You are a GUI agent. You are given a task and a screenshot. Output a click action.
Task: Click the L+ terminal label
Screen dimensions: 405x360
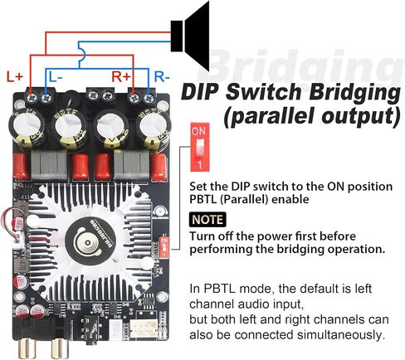click(x=15, y=76)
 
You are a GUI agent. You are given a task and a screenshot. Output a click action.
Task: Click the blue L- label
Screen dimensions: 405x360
click(x=56, y=76)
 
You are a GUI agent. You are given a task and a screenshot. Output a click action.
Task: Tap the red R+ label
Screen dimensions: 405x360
click(x=121, y=76)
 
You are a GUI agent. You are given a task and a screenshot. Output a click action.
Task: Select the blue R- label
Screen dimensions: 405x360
click(x=162, y=76)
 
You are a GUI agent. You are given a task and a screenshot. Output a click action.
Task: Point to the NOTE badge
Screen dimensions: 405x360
click(x=207, y=220)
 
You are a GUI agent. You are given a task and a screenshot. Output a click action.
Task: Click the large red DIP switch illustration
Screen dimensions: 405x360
click(x=200, y=147)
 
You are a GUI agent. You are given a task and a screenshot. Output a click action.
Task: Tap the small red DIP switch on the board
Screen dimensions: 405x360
click(x=164, y=246)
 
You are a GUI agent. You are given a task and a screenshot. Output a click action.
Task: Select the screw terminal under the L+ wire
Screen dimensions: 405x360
click(x=32, y=98)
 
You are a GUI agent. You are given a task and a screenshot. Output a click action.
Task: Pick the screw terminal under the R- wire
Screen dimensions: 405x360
click(x=149, y=98)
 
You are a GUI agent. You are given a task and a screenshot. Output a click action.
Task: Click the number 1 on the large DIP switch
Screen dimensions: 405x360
click(x=200, y=165)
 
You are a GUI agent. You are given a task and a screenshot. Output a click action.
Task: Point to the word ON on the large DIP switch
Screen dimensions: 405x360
click(x=198, y=130)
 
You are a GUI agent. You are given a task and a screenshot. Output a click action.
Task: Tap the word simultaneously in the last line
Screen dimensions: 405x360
click(x=341, y=335)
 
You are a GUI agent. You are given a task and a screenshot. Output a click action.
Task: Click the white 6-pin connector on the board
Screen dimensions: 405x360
click(x=144, y=328)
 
